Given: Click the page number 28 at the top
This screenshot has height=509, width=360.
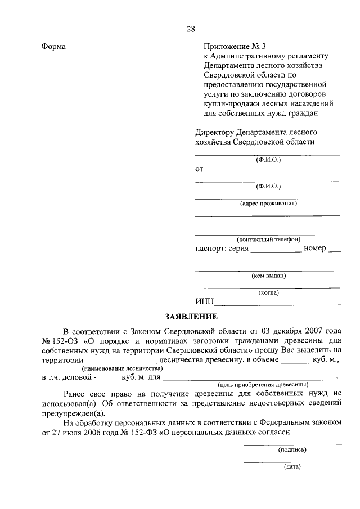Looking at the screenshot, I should pos(190,30).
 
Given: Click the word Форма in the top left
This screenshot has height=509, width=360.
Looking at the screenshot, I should pos(53,47).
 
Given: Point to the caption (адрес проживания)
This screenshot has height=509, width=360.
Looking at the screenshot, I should pos(268,204).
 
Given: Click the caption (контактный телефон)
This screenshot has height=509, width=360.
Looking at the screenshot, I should pos(268,239).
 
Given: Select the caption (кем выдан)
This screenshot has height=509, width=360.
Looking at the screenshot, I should pos(268,276).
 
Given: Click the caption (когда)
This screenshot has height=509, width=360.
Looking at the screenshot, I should pos(268,292).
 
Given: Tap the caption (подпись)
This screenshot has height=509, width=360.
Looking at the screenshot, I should pos(292,449).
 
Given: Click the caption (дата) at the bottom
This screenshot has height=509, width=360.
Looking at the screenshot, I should pos(292,467).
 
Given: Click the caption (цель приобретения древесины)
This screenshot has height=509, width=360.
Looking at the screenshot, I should pos(259,384).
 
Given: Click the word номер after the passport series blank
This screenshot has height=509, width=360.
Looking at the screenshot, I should pos(314,248).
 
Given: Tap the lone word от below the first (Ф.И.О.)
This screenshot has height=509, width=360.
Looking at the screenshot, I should pos(199,169).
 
